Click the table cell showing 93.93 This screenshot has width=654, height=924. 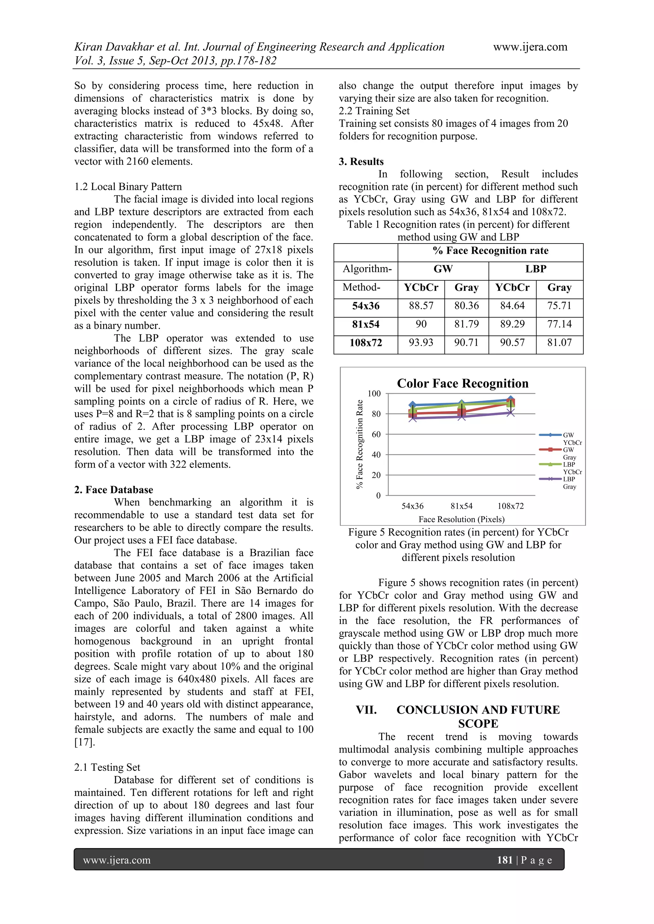pyautogui.click(x=421, y=342)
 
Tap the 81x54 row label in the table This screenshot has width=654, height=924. pyautogui.click(x=366, y=324)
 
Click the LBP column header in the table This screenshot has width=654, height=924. pyautogui.click(x=536, y=269)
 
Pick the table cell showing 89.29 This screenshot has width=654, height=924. pyautogui.click(x=512, y=324)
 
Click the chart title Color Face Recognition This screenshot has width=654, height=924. pyautogui.click(x=462, y=383)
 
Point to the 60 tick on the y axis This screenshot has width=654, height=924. pyautogui.click(x=376, y=434)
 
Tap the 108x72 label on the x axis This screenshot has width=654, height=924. pyautogui.click(x=510, y=506)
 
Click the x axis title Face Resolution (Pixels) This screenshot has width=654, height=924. pyautogui.click(x=461, y=519)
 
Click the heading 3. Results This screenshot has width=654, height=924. pyautogui.click(x=361, y=162)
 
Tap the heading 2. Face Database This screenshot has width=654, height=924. pyautogui.click(x=114, y=489)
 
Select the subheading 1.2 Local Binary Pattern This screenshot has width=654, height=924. pyautogui.click(x=128, y=186)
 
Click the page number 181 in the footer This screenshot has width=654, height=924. pyautogui.click(x=504, y=860)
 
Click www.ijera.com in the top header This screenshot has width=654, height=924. pyautogui.click(x=530, y=47)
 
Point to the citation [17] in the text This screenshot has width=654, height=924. pyautogui.click(x=85, y=742)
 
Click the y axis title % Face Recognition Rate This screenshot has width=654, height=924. pyautogui.click(x=360, y=444)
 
